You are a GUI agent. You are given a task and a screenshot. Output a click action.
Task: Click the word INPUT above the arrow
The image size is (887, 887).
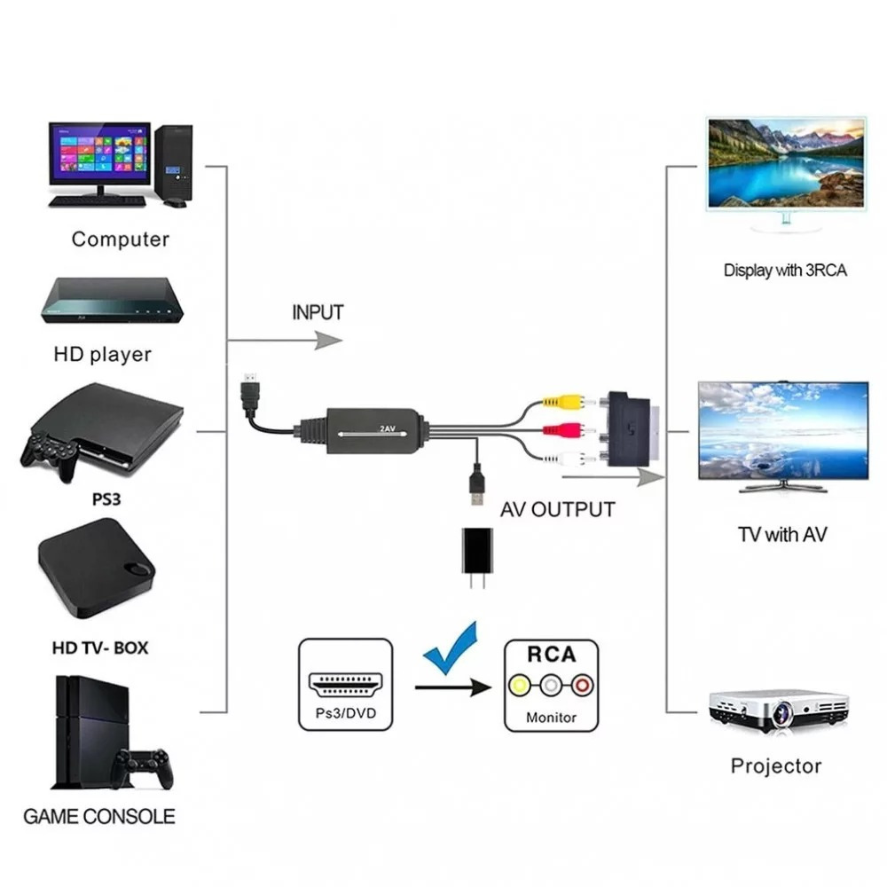(318, 312)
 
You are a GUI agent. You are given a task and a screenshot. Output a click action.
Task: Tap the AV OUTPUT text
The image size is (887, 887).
(557, 510)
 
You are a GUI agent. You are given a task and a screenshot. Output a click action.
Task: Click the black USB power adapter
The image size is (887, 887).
(477, 557)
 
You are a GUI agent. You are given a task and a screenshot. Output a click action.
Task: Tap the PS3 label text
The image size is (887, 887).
(106, 499)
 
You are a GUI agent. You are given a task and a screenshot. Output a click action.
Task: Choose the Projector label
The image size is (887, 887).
(775, 766)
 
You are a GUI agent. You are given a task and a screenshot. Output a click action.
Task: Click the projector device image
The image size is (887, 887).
(779, 710)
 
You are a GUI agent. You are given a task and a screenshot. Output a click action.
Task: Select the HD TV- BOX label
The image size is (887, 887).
(100, 648)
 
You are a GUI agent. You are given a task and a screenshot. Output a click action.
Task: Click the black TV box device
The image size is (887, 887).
(97, 569)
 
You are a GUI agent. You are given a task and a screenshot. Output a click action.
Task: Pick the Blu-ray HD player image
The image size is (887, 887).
(112, 300)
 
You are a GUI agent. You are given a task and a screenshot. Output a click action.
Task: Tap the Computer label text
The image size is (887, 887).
(120, 239)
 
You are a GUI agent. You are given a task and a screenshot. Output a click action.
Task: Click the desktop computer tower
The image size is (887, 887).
(174, 165)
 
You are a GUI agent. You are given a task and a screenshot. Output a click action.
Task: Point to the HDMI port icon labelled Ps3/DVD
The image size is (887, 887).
(346, 685)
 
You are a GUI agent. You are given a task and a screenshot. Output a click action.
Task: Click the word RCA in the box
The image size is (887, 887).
(552, 655)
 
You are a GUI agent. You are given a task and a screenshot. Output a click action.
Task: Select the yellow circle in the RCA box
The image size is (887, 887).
(519, 686)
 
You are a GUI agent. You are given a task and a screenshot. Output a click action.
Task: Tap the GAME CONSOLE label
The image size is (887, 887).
(99, 816)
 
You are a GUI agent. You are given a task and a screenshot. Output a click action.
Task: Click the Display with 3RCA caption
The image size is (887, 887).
(785, 271)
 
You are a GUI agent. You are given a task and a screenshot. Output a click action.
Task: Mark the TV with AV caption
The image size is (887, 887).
(782, 535)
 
